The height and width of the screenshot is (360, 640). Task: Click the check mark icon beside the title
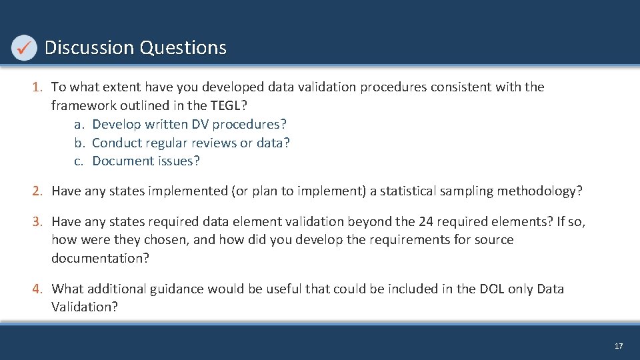[x=24, y=47]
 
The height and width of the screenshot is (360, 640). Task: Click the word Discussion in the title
[x=89, y=48]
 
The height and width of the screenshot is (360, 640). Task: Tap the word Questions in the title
[x=183, y=48]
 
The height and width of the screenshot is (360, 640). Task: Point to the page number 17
[x=619, y=346]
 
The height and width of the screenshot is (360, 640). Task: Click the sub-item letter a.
[x=79, y=124]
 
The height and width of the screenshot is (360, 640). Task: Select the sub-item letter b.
[x=79, y=143]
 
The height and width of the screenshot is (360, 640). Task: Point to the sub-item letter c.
[x=79, y=161]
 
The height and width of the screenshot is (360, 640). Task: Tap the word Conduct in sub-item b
[x=116, y=143]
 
